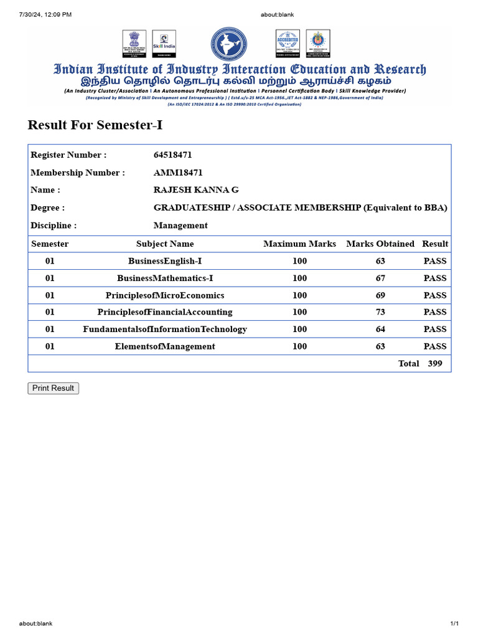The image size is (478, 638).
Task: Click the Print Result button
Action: pyautogui.click(x=53, y=388)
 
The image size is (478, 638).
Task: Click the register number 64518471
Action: pyautogui.click(x=172, y=155)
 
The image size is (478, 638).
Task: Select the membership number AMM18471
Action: pyautogui.click(x=178, y=173)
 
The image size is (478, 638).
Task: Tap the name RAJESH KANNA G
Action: pyautogui.click(x=196, y=190)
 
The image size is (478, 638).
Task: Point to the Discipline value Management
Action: pyautogui.click(x=180, y=226)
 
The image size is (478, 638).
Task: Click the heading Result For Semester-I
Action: pyautogui.click(x=95, y=125)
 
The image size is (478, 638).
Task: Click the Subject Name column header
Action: pyautogui.click(x=165, y=244)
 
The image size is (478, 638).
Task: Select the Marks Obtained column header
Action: pyautogui.click(x=380, y=244)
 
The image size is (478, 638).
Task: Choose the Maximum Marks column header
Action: pyautogui.click(x=299, y=244)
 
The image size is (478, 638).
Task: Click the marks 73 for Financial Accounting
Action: pyautogui.click(x=380, y=312)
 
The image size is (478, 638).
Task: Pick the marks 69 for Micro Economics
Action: pyautogui.click(x=380, y=295)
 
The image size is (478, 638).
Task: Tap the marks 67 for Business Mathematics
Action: pyautogui.click(x=380, y=279)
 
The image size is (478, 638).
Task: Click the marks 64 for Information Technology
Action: pyautogui.click(x=380, y=329)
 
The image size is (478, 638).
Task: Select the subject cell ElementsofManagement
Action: pyautogui.click(x=165, y=346)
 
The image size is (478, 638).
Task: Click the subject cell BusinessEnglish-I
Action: pyautogui.click(x=165, y=261)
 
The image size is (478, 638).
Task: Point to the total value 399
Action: pyautogui.click(x=435, y=363)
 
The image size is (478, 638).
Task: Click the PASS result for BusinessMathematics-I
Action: pyautogui.click(x=435, y=279)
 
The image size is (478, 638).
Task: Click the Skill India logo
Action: pyautogui.click(x=164, y=44)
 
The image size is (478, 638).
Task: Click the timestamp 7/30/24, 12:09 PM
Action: pyautogui.click(x=45, y=14)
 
